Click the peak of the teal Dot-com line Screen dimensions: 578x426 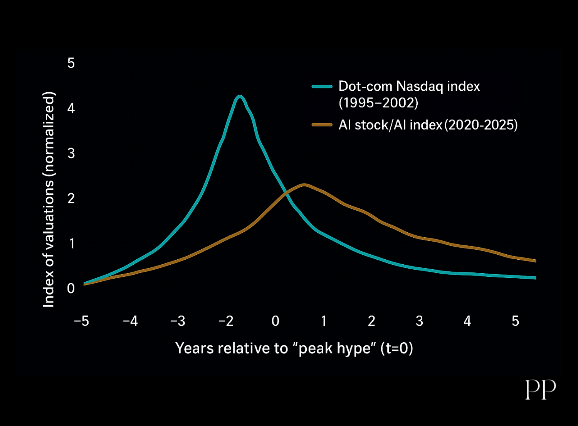tap(240, 97)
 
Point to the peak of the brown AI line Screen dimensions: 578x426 tap(304, 185)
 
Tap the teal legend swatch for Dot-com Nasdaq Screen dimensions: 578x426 tap(322, 86)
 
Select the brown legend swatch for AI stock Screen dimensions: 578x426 tap(322, 125)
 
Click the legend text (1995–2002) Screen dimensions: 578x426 tap(378, 103)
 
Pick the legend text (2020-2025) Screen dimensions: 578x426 tap(481, 125)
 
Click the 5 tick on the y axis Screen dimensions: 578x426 tap(71, 63)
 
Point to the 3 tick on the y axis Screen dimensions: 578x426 tap(71, 153)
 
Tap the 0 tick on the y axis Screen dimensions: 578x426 tap(71, 288)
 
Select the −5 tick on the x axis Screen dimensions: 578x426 tap(82, 321)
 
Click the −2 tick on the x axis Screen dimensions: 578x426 tap(226, 321)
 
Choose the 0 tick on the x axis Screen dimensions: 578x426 tap(276, 321)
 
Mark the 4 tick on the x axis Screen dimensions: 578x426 tap(467, 321)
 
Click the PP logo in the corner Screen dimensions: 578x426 tap(541, 390)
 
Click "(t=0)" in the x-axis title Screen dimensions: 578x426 tap(397, 348)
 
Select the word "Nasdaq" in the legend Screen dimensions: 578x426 tap(420, 87)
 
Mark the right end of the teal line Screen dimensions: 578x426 tap(536, 278)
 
